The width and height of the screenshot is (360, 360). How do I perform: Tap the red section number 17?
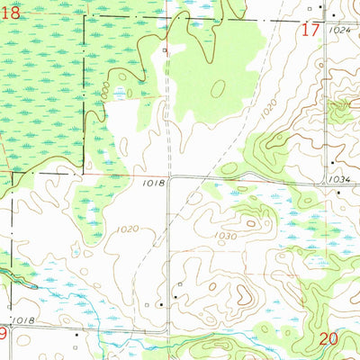point(310,30)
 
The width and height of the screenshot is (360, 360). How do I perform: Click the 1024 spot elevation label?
point(338,30)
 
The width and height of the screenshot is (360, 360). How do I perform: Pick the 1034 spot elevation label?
point(339,179)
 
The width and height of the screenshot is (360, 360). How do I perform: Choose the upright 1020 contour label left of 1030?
point(128,229)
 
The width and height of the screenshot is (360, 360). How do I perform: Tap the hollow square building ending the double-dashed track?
point(165,50)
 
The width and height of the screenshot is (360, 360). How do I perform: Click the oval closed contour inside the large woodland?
point(218,88)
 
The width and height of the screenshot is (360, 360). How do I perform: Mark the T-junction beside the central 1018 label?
point(168,177)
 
